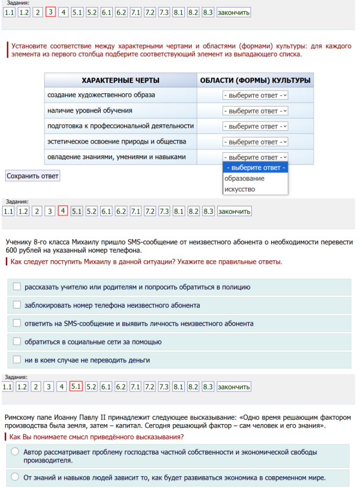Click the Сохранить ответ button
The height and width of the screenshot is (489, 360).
(32, 176)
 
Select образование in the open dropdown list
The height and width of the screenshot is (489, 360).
(244, 179)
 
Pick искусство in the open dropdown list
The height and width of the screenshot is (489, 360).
(240, 189)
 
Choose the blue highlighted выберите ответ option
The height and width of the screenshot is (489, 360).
(255, 168)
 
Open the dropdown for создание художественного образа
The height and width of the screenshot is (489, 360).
(255, 96)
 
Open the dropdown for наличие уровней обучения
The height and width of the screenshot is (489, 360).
(255, 111)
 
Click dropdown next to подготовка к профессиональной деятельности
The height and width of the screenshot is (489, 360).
(255, 127)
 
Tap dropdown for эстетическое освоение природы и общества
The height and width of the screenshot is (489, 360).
(255, 142)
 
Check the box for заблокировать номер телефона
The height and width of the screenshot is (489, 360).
(17, 305)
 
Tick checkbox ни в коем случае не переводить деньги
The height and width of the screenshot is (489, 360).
(17, 360)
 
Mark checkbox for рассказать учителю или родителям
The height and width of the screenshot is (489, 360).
(17, 287)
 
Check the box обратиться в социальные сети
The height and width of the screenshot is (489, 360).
(17, 341)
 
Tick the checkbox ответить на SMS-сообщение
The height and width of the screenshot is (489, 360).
(17, 323)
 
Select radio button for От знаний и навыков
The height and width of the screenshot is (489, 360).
(15, 477)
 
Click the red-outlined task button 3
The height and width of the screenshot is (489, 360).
(51, 12)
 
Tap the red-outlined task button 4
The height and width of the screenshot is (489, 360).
(63, 211)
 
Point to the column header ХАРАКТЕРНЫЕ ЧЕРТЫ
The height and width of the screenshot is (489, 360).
(120, 80)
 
